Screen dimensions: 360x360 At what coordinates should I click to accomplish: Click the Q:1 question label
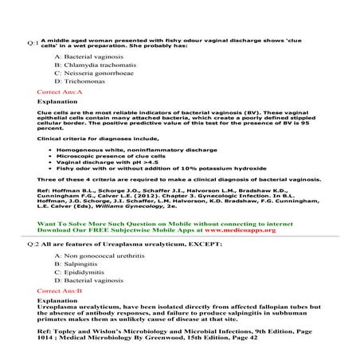(x=31, y=43)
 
